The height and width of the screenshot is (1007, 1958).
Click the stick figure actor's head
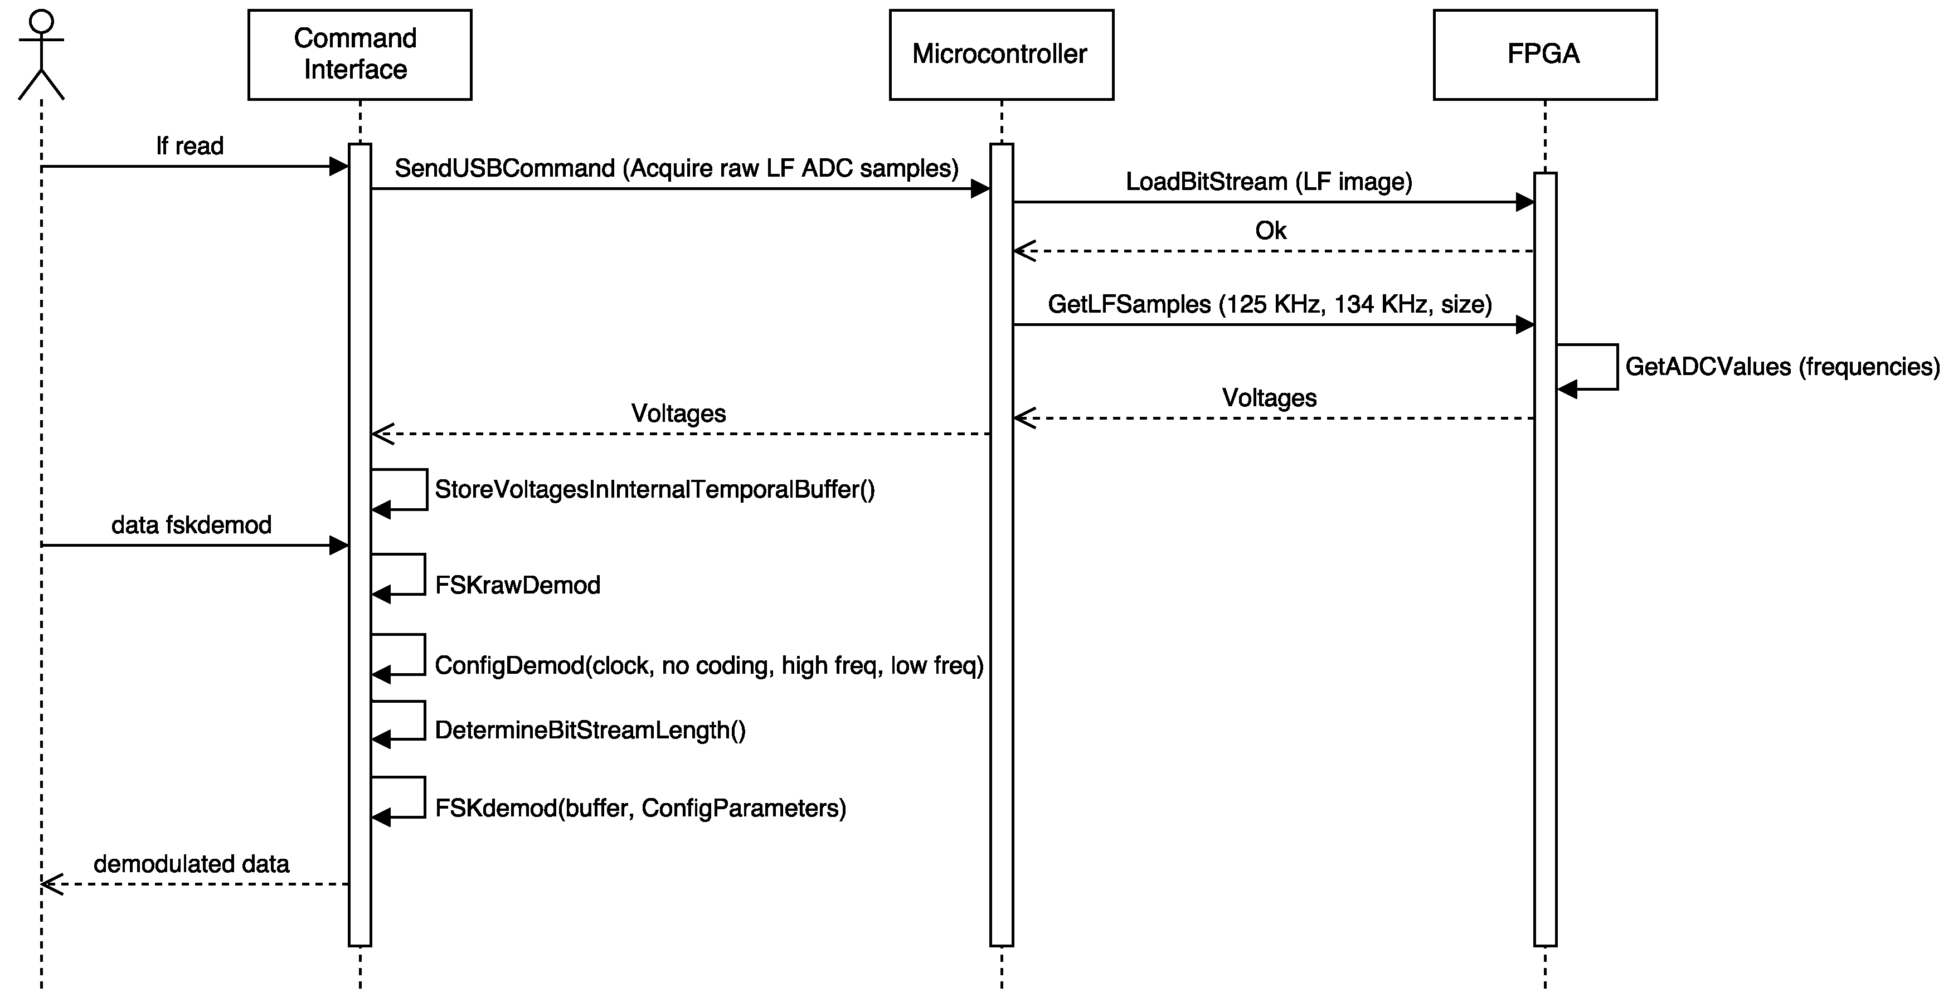point(41,21)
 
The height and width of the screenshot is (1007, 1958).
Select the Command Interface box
point(359,55)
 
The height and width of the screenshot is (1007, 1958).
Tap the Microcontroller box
point(1001,55)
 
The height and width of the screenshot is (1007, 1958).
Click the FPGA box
point(1544,55)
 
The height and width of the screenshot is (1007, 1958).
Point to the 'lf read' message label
point(190,146)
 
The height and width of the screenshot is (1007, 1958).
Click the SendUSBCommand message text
point(677,168)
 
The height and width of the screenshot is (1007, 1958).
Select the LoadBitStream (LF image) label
point(1269,182)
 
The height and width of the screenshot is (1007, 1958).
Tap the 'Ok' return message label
point(1270,230)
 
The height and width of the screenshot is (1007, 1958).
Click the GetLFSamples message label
point(1269,304)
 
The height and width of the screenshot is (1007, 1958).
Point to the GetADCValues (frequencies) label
point(1782,366)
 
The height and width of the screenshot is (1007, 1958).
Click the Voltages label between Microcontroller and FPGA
point(1269,397)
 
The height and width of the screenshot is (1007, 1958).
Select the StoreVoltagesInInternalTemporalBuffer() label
point(654,489)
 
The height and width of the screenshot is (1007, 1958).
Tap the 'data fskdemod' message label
point(192,524)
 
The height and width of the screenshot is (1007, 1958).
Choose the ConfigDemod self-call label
point(709,665)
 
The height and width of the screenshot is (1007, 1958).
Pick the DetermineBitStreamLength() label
point(590,729)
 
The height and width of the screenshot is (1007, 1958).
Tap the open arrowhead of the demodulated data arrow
point(50,884)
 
